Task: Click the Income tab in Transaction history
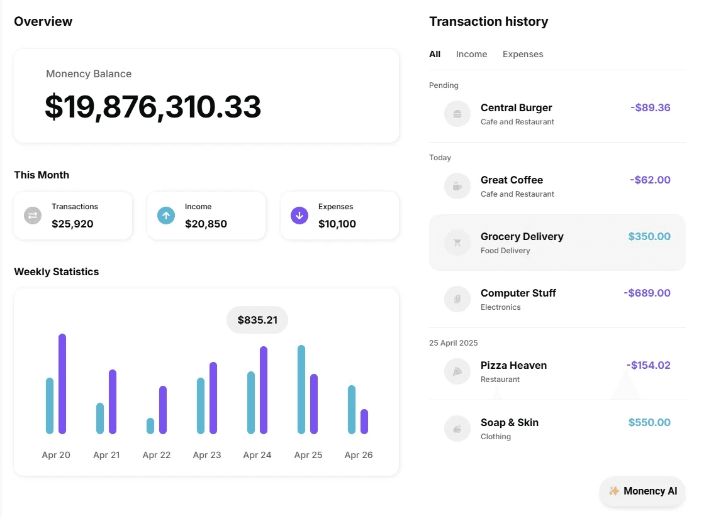[x=471, y=54]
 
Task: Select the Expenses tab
[x=523, y=54]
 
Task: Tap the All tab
[x=435, y=54]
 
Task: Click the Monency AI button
[x=642, y=491]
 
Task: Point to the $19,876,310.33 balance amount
[x=153, y=107]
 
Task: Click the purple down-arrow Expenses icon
[x=299, y=216]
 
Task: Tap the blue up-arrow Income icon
[x=166, y=216]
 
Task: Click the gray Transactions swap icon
[x=33, y=216]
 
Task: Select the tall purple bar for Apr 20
[x=62, y=383]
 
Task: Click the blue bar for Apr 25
[x=301, y=390]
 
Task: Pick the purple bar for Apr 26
[x=364, y=422]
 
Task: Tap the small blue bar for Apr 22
[x=150, y=426]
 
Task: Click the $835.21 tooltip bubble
[x=257, y=320]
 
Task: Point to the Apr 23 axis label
[x=207, y=455]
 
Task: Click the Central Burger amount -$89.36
[x=651, y=107]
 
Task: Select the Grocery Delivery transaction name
[x=522, y=237]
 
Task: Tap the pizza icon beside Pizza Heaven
[x=457, y=372]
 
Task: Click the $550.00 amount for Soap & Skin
[x=649, y=422]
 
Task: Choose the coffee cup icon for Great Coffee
[x=457, y=186]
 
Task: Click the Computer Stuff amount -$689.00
[x=647, y=293]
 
